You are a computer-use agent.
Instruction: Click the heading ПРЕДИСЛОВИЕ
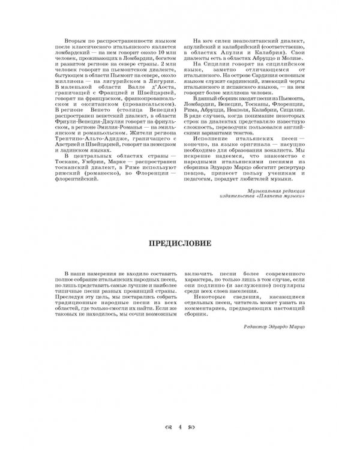coord(179,245)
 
